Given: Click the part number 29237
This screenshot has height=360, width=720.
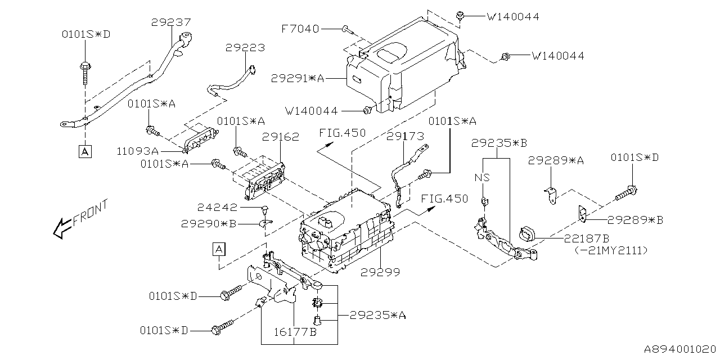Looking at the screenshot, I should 171,22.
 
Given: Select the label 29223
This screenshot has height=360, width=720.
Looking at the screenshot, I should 245,48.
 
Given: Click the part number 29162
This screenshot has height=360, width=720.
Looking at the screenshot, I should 280,137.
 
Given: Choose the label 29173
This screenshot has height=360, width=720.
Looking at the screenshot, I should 405,136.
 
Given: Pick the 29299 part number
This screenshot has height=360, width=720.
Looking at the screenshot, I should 380,272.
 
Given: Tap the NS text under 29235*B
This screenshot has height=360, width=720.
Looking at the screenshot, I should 482,177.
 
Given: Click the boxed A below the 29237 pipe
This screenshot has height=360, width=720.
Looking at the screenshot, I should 84,151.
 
